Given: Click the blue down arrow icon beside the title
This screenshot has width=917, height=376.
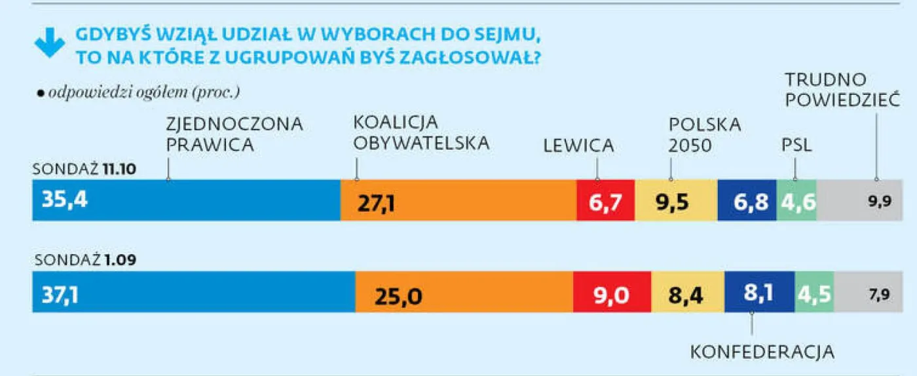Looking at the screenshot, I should click(49, 44).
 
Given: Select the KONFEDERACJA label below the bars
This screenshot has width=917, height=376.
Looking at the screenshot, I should click(762, 352).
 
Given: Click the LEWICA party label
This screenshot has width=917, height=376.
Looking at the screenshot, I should click(578, 146).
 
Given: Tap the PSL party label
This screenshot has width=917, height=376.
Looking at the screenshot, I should click(796, 146).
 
